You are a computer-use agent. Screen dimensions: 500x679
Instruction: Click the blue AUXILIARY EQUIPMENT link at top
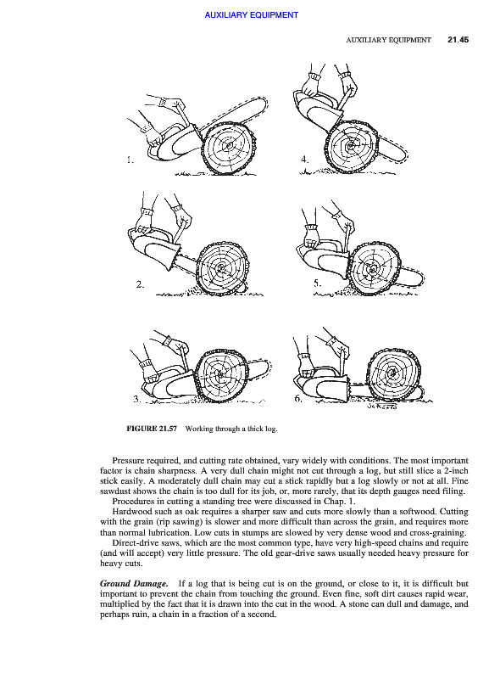pos(252,15)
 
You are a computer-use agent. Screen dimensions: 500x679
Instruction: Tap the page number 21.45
pos(458,40)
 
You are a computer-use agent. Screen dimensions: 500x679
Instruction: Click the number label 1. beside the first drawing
pos(131,160)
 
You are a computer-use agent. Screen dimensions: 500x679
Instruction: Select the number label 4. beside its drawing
pos(305,160)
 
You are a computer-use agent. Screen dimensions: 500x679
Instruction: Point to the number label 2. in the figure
pos(140,284)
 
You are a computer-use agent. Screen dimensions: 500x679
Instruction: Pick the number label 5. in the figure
pos(318,283)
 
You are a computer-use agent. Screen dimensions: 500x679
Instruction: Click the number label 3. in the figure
pos(137,399)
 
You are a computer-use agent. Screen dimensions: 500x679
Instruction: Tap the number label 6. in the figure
pos(298,398)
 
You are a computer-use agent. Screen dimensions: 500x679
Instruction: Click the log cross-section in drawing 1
pos(228,146)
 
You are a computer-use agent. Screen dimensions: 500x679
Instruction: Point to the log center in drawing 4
pos(351,144)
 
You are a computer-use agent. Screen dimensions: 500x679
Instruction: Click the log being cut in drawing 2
pos(221,268)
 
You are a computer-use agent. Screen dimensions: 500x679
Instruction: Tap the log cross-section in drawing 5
pos(373,268)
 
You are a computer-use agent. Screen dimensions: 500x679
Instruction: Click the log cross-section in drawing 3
pos(220,374)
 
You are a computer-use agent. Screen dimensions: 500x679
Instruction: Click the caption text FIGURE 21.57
pos(152,429)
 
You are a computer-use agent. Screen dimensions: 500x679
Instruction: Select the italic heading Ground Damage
pos(134,584)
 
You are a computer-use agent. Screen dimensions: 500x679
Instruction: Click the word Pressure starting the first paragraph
pos(127,460)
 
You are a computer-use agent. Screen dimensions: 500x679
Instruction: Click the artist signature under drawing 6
pos(381,407)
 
